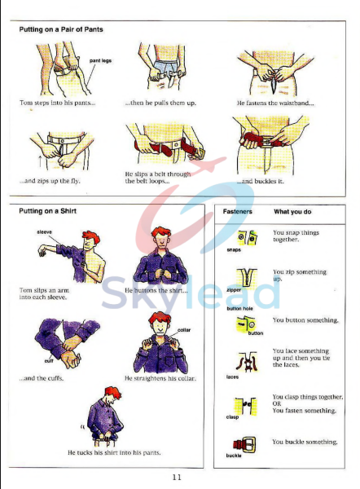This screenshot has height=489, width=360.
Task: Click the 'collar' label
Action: pos(184,329)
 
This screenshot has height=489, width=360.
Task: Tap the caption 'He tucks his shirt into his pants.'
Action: pos(114,452)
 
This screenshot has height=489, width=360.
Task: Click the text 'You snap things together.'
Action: pos(296,236)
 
